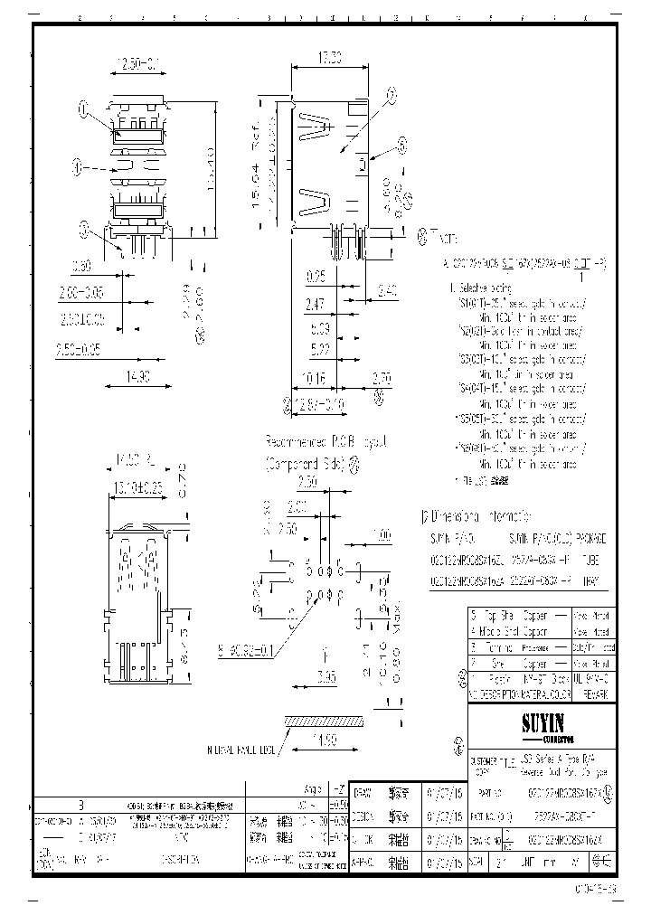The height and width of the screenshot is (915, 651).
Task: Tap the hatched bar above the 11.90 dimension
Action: pos(329,721)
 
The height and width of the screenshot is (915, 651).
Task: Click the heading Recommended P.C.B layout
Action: pos(325,442)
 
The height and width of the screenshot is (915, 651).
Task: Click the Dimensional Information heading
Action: pos(478,518)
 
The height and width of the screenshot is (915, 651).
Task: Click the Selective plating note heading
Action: pos(478,287)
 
